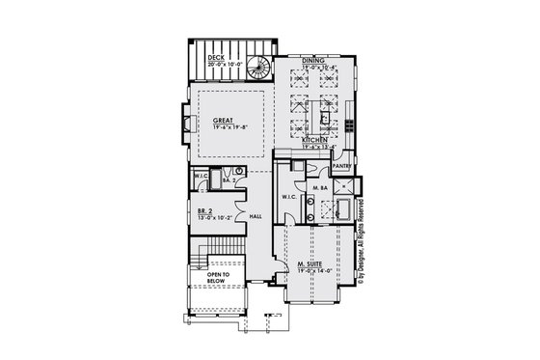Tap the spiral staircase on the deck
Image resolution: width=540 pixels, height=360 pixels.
coord(258,67)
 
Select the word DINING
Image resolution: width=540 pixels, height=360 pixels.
coord(312,60)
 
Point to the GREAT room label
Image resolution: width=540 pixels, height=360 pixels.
coord(224,121)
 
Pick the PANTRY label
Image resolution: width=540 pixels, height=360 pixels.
coord(343,164)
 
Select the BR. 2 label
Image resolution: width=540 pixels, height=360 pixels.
coord(204,210)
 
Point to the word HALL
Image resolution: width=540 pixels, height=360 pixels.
coord(256,216)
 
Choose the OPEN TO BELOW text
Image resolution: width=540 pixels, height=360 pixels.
coord(221,278)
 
